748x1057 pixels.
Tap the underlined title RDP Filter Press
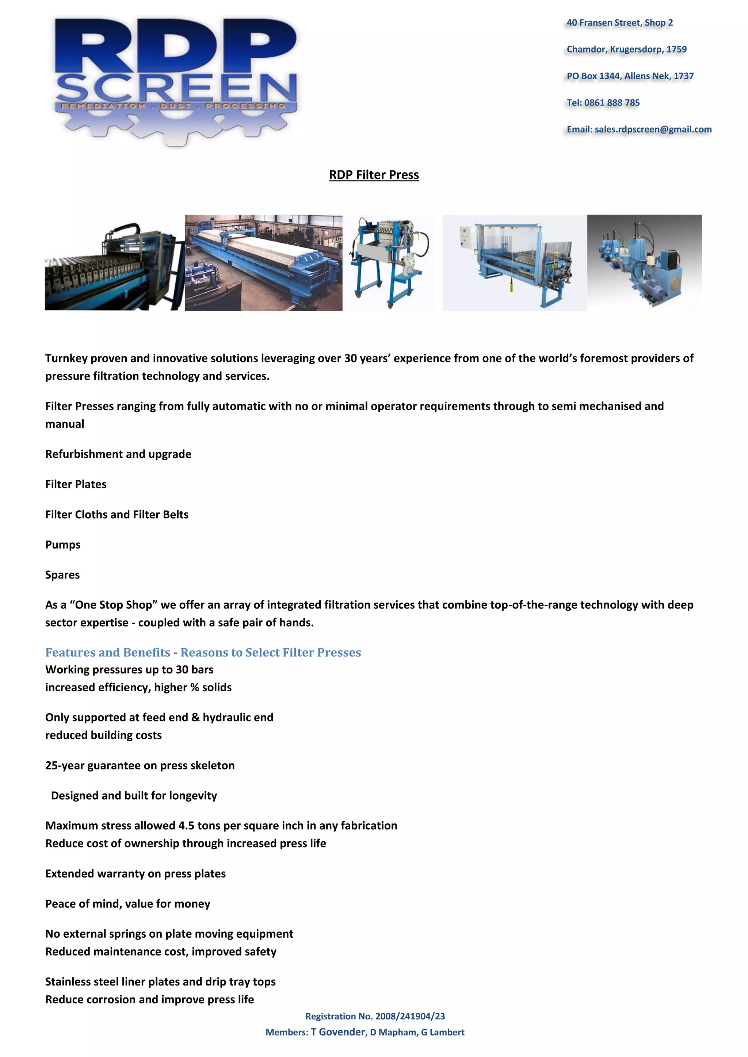pos(374,175)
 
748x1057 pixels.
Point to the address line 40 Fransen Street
pos(619,23)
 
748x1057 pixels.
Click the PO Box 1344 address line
pos(630,76)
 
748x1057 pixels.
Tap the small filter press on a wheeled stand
pos(390,262)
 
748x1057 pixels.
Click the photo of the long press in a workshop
pos(263,262)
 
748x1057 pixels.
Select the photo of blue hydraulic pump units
pos(644,262)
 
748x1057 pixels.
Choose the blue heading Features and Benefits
pos(203,652)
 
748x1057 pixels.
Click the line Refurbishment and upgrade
pos(118,454)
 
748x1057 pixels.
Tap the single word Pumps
pos(63,545)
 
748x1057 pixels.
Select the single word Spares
pos(62,575)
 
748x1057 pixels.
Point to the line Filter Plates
pos(76,484)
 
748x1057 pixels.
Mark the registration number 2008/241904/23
pos(410,1016)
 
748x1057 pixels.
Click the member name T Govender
pos(338,1032)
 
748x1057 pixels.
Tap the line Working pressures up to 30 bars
pos(129,669)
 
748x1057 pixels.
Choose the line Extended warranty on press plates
pos(136,874)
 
